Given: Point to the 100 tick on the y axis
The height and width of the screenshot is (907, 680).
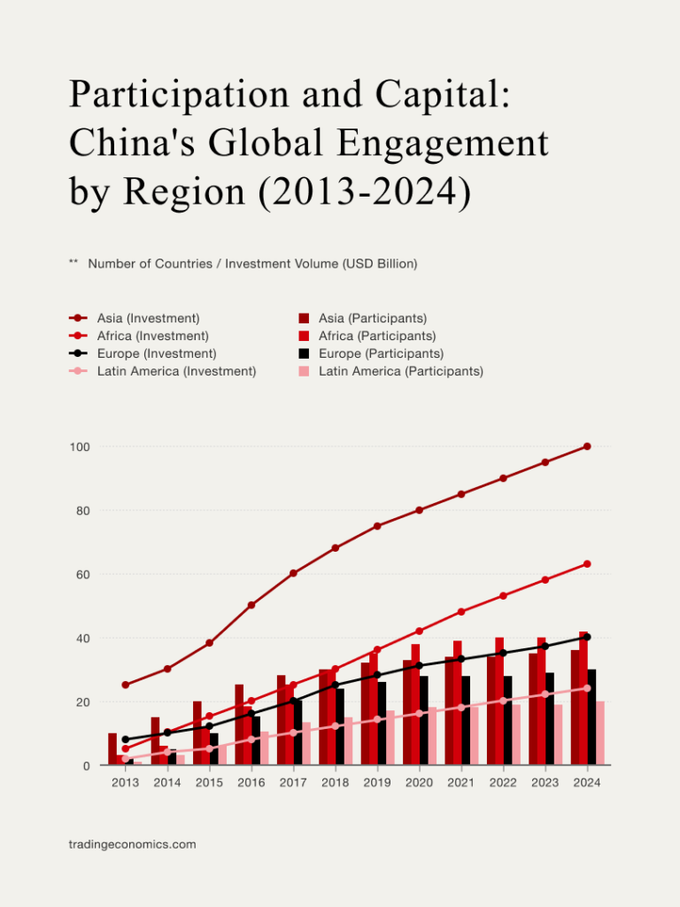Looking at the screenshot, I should click(x=81, y=446).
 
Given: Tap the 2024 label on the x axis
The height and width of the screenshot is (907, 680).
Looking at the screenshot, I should click(x=587, y=783).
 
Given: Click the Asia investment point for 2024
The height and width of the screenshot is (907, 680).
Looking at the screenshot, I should click(x=587, y=446).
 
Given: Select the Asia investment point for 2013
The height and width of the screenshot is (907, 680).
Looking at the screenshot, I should click(x=126, y=685).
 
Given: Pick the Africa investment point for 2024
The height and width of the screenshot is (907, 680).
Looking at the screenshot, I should click(x=587, y=564).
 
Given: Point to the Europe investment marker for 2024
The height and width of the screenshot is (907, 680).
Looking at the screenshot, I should click(x=587, y=637).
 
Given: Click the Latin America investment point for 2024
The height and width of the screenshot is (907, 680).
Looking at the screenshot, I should click(x=587, y=688).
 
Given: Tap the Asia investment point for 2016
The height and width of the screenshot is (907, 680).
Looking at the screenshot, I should click(x=251, y=605).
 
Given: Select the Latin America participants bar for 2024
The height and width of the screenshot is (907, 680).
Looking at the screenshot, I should click(x=600, y=733).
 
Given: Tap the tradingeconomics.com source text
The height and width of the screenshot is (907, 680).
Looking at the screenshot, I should click(x=132, y=845).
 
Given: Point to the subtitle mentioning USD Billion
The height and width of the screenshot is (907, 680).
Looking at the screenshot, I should click(x=252, y=264).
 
